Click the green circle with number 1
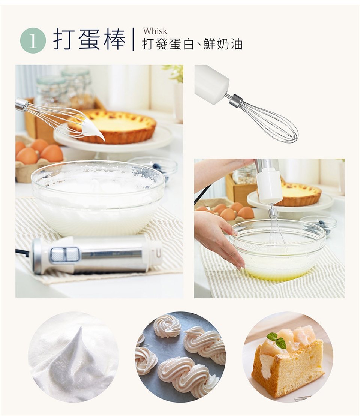(33, 41)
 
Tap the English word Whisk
(155, 31)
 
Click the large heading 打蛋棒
(89, 40)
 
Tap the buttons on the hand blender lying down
(65, 255)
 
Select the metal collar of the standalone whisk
(236, 100)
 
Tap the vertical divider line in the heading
(133, 39)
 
